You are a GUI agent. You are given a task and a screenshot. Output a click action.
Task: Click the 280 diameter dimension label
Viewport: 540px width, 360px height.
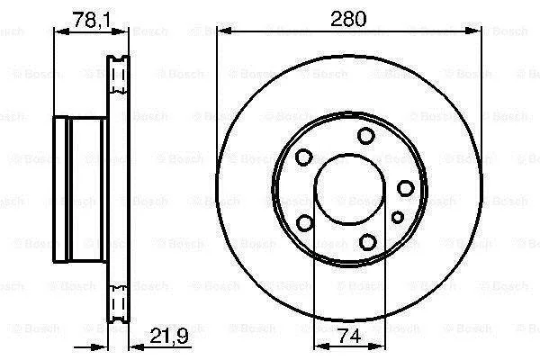pos(348,19)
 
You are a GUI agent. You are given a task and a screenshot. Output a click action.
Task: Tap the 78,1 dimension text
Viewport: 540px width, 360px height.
pos(91,20)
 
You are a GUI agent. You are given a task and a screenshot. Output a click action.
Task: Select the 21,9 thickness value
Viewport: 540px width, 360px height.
pos(169,336)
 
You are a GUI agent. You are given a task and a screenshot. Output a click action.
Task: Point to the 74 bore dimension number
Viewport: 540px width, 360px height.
pos(349,336)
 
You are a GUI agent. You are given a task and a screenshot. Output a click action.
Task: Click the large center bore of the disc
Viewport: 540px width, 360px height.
pos(349,189)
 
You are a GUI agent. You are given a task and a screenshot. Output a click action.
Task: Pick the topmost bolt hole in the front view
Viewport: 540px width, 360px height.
pos(365,136)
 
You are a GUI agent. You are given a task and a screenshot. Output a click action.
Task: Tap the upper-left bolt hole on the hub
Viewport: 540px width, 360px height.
pos(304,157)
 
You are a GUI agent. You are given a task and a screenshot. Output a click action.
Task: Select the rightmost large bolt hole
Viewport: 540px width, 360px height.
pos(405,188)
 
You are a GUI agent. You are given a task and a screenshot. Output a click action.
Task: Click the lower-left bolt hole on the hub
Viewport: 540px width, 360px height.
pos(305,222)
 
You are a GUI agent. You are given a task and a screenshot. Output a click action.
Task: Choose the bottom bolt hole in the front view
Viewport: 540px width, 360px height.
pos(367,242)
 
